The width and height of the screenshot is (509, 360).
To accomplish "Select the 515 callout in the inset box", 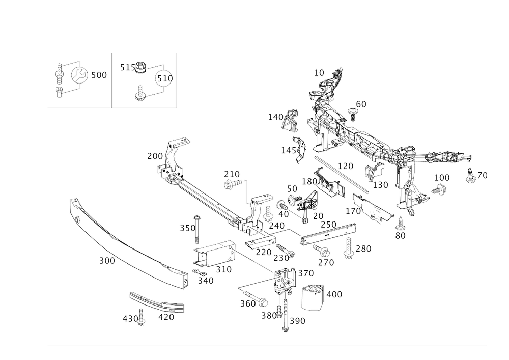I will (125, 67).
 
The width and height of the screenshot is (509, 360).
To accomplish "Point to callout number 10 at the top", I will (319, 73).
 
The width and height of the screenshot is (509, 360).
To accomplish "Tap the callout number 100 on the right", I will (442, 177).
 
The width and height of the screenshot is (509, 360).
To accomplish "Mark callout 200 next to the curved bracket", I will (153, 155).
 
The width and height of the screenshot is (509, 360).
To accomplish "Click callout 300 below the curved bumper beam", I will (107, 261).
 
